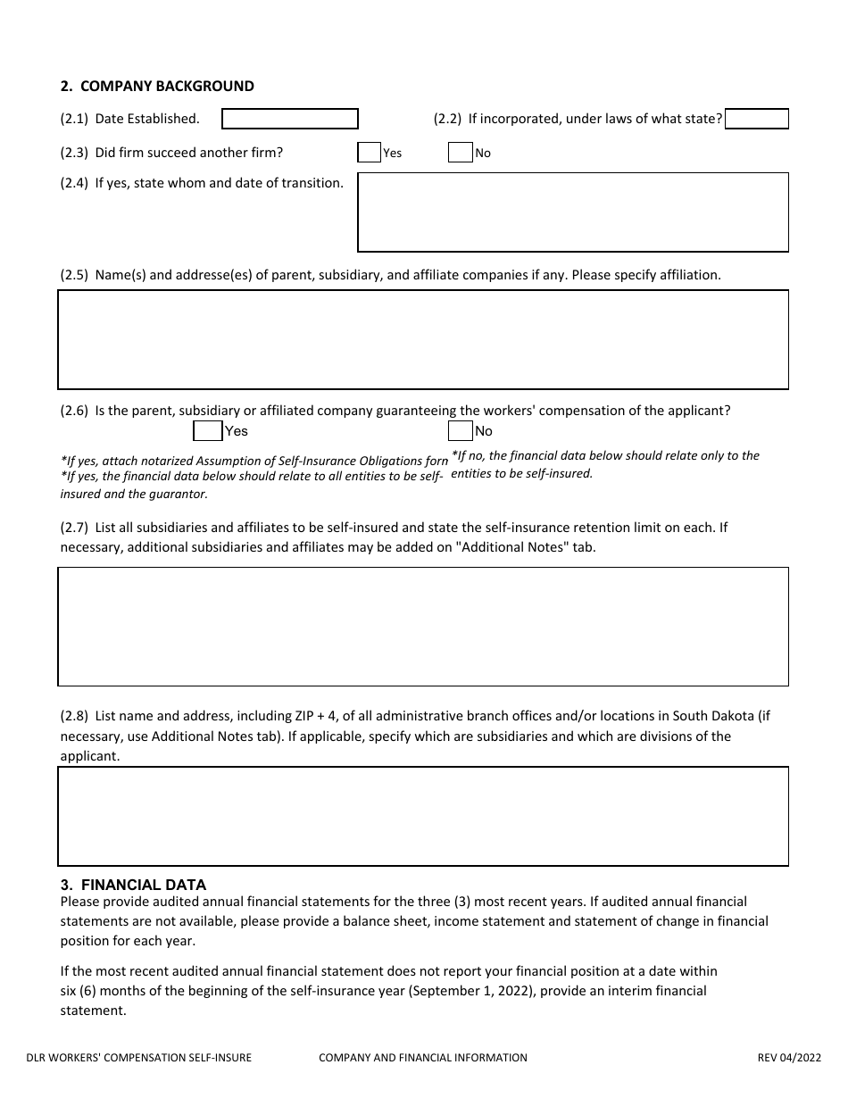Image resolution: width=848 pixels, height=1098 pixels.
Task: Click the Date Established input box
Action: click(x=289, y=119)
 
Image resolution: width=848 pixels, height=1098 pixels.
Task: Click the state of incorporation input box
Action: click(x=756, y=119)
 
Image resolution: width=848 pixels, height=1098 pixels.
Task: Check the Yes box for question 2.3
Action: click(x=369, y=153)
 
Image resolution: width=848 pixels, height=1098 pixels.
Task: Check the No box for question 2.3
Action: click(x=460, y=153)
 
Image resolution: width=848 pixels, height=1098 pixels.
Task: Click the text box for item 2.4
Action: click(x=572, y=212)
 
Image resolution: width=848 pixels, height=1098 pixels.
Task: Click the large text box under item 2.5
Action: click(x=423, y=339)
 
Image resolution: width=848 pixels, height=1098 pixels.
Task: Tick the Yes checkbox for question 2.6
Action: click(x=207, y=431)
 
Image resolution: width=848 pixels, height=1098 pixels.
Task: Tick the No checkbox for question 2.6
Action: click(x=460, y=431)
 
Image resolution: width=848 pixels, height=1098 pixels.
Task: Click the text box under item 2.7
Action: click(x=423, y=626)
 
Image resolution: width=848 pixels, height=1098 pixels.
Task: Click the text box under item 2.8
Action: click(x=423, y=816)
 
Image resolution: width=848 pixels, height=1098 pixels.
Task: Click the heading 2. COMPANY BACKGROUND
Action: click(x=157, y=87)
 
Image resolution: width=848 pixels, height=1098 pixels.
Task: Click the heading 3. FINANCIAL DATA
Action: click(x=133, y=885)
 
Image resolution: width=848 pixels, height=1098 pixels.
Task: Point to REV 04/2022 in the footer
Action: click(x=789, y=1058)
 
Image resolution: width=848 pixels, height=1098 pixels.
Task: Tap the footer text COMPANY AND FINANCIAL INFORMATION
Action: click(x=423, y=1058)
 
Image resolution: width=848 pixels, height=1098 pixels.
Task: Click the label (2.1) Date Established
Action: click(x=130, y=119)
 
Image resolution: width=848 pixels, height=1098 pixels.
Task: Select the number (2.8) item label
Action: click(x=74, y=716)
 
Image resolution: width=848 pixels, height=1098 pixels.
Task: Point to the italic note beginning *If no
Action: click(x=605, y=464)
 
